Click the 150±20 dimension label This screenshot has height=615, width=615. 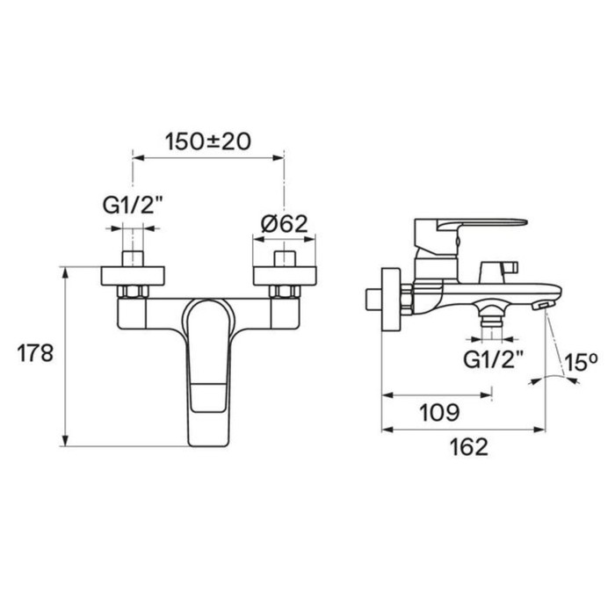point(207,141)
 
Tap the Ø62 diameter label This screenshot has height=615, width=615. point(285,224)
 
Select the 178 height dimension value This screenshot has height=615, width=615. point(35,353)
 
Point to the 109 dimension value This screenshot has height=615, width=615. point(439,413)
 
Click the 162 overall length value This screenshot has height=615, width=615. point(469,446)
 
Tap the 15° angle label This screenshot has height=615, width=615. point(581,361)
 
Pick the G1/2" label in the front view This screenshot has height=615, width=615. point(133,205)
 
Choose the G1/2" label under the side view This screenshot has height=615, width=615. point(494,358)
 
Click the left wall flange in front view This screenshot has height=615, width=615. point(133,276)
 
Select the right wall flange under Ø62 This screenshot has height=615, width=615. point(285,276)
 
